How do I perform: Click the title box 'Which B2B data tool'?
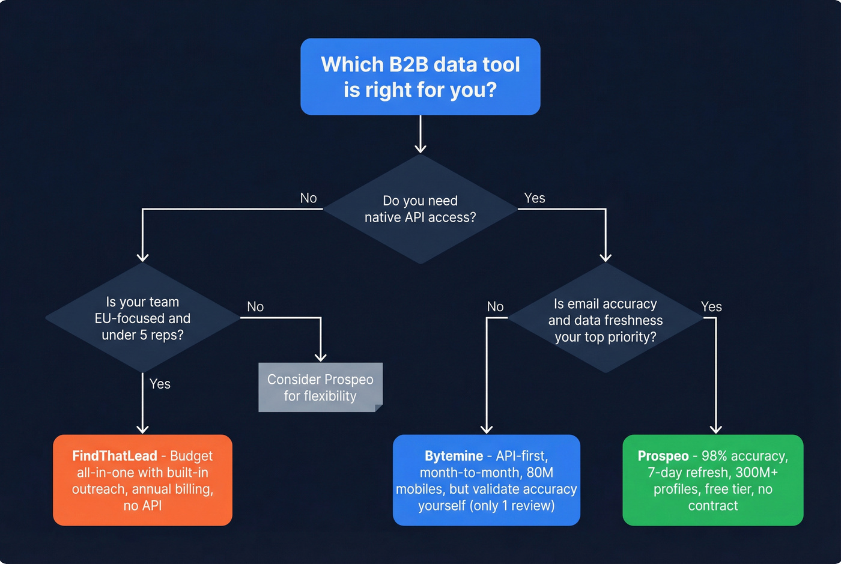(x=420, y=77)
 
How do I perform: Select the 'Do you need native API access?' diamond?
(x=420, y=209)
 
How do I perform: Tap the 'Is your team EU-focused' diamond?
(x=142, y=318)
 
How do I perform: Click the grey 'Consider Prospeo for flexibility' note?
(x=320, y=387)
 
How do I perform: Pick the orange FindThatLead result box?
(x=142, y=481)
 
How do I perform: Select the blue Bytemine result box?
(x=486, y=481)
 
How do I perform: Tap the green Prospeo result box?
(x=712, y=481)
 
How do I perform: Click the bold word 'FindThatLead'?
(x=114, y=456)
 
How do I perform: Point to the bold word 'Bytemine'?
(x=454, y=456)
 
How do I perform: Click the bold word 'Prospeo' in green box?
(x=663, y=456)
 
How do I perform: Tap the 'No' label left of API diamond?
(x=308, y=198)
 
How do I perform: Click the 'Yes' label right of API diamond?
(x=534, y=198)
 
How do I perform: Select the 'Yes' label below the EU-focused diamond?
(x=160, y=384)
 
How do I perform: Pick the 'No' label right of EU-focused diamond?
(x=255, y=307)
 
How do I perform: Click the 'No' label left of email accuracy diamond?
(x=495, y=307)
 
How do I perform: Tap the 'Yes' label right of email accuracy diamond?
(x=711, y=307)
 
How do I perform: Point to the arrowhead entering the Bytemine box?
(x=487, y=429)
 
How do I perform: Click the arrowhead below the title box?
(x=421, y=148)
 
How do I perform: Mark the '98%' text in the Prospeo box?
(x=714, y=456)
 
